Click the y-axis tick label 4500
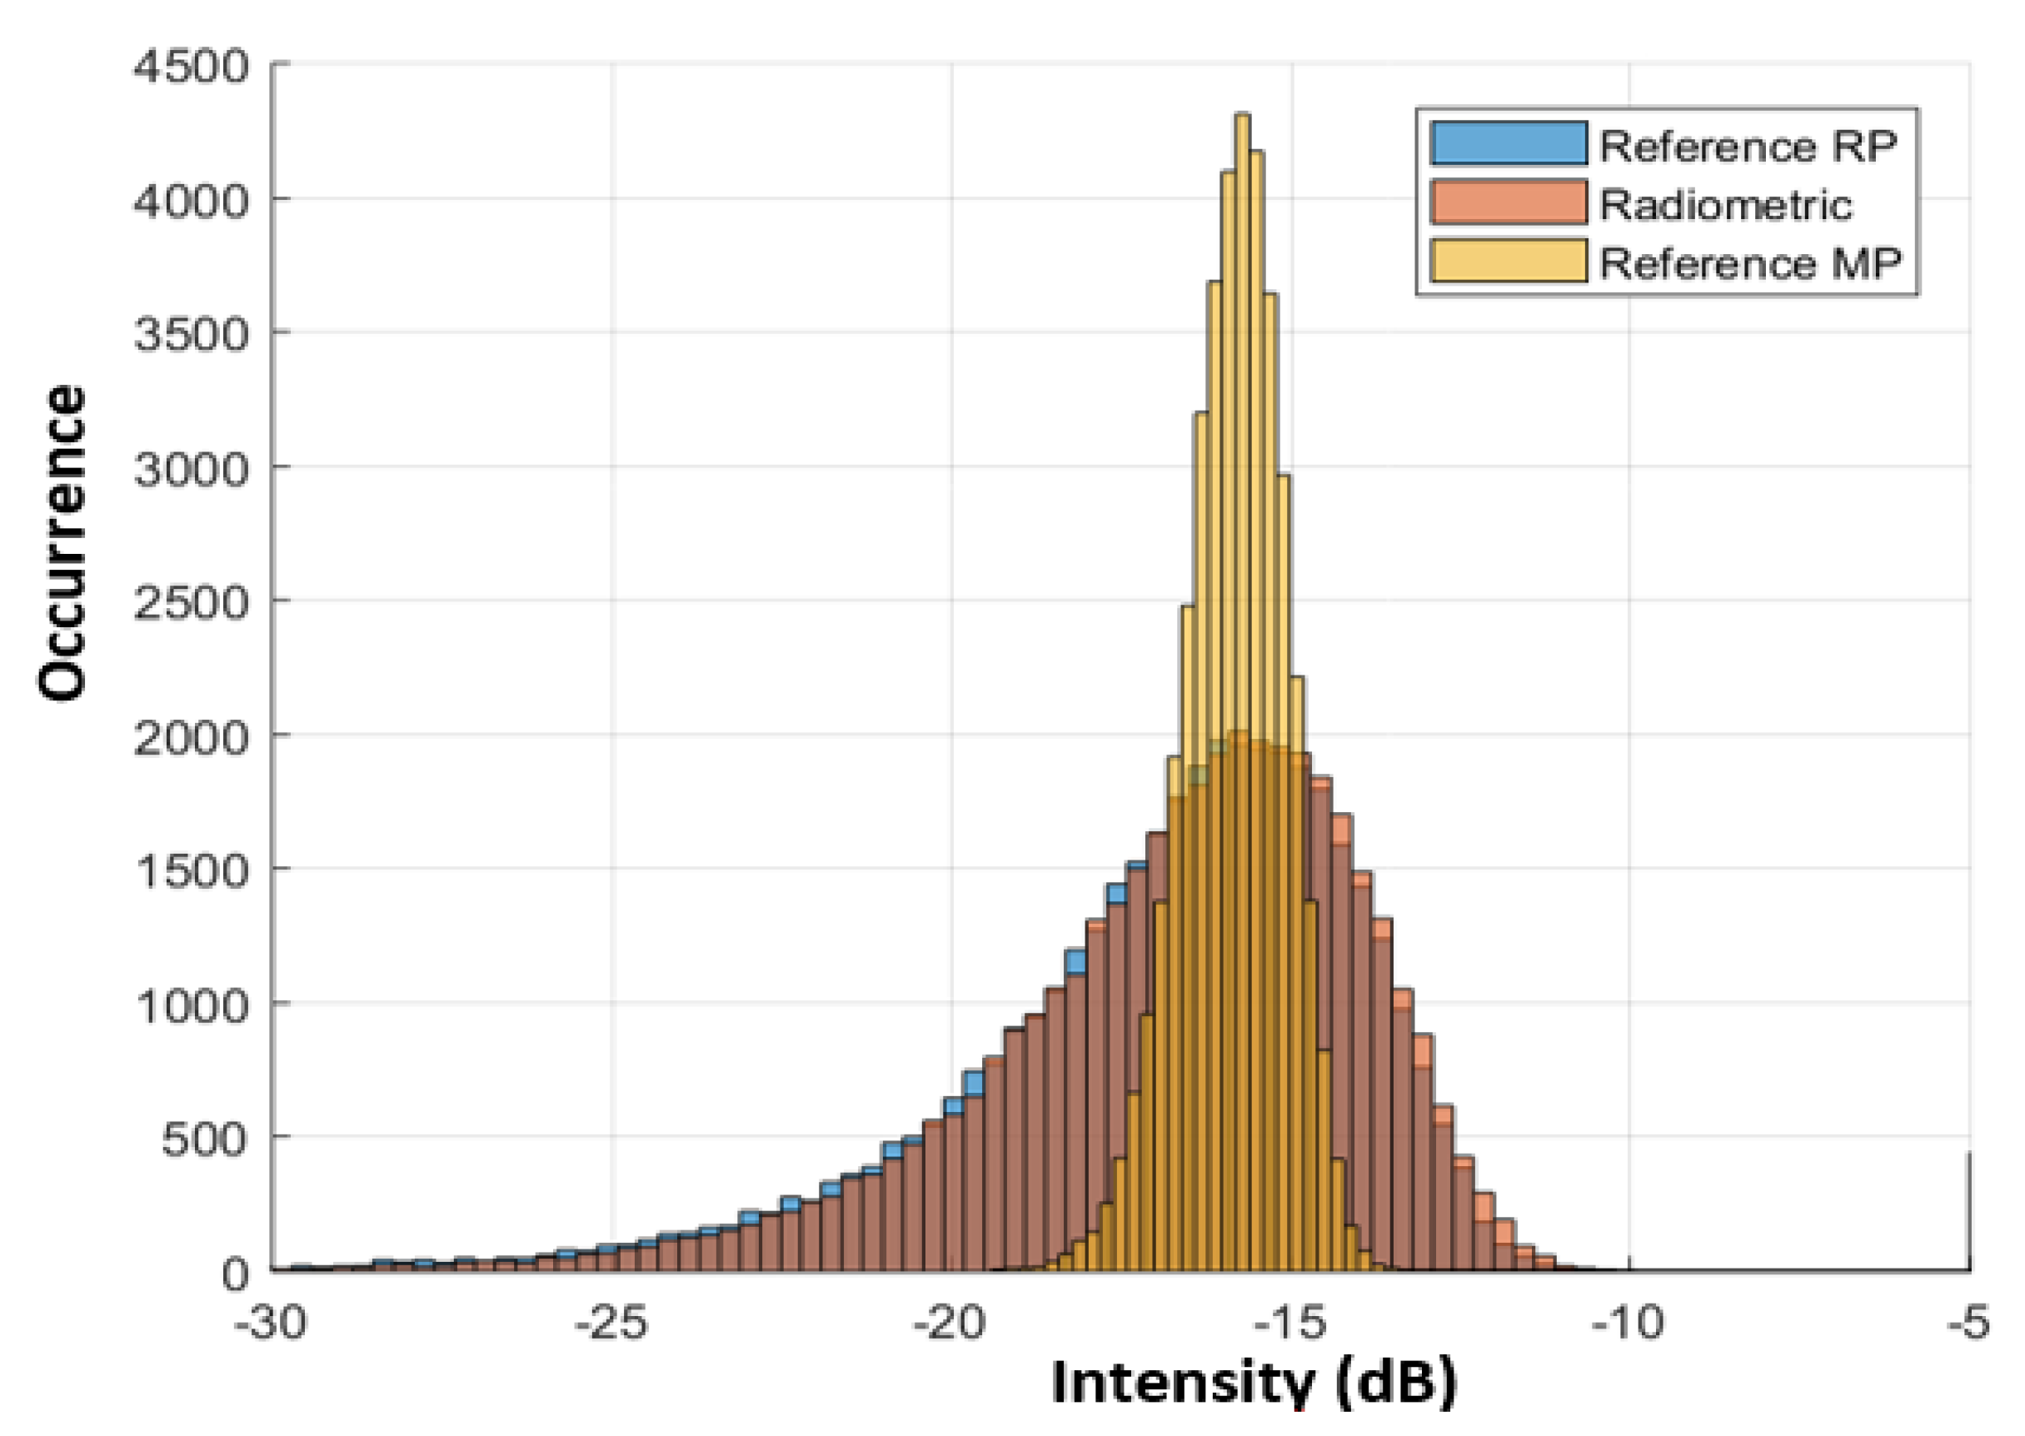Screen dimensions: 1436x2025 tap(190, 67)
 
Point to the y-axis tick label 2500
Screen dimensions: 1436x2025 tap(190, 604)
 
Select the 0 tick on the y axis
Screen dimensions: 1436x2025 tap(235, 1274)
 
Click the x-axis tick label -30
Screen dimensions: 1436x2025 tap(271, 1324)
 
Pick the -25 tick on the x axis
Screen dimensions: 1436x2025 tap(611, 1324)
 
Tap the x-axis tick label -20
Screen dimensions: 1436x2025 tap(950, 1324)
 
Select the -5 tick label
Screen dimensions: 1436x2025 tap(1968, 1324)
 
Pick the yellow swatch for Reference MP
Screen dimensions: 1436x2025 tap(1509, 262)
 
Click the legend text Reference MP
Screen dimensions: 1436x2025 tap(1750, 263)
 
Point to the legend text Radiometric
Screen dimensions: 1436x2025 tap(1725, 205)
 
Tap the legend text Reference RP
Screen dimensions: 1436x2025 tap(1748, 146)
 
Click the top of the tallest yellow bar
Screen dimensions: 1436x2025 tap(1241, 115)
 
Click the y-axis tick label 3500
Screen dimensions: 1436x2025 tap(190, 335)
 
